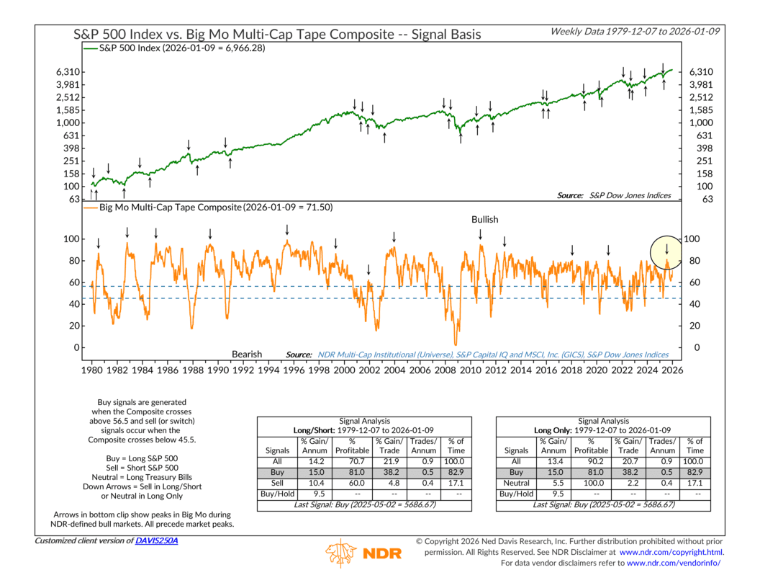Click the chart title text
(277, 34)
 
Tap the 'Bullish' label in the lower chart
(484, 219)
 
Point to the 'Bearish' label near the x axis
(247, 355)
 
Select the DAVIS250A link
(157, 540)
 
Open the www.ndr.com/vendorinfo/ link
(676, 562)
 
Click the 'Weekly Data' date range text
(638, 32)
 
